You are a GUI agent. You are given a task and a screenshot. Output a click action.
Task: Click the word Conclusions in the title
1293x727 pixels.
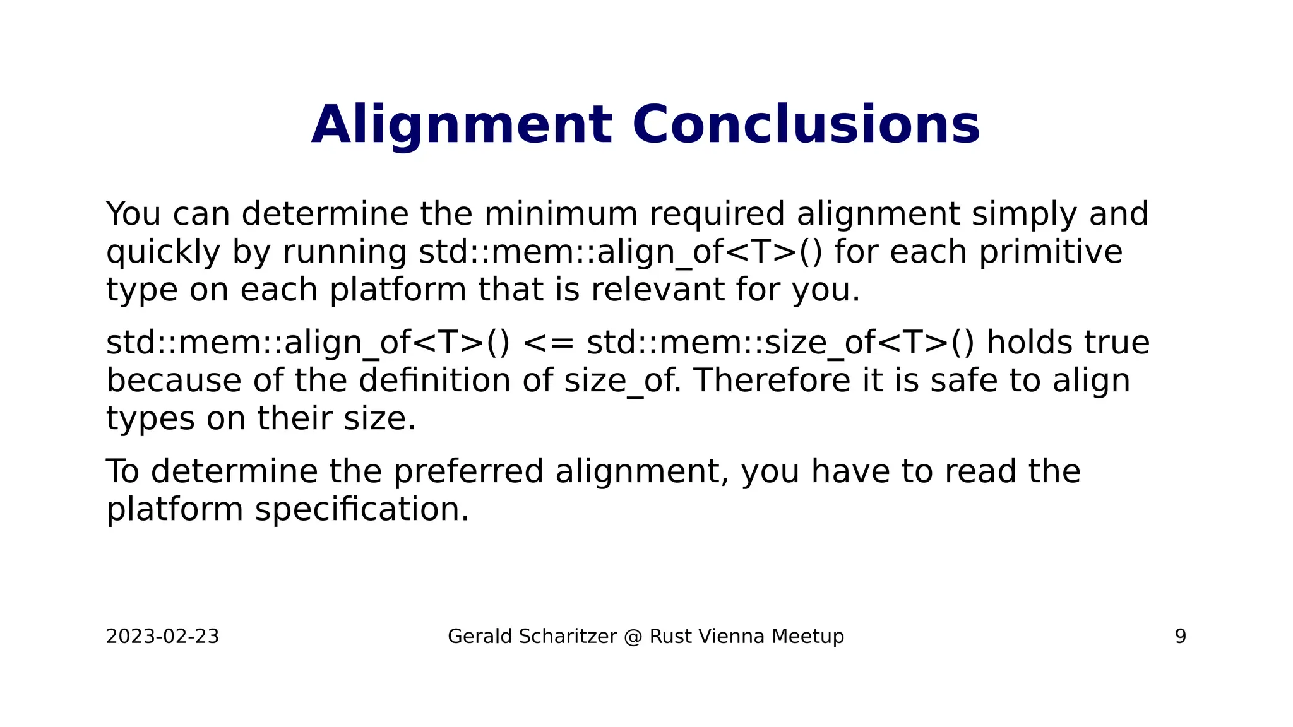point(806,125)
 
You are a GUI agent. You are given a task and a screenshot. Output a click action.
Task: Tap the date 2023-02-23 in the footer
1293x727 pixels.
point(162,636)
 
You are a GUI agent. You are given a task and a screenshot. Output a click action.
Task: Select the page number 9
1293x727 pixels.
point(1180,636)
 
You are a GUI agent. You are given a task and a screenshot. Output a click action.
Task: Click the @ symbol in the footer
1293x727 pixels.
point(633,636)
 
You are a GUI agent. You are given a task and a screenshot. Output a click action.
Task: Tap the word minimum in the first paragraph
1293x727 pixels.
point(561,214)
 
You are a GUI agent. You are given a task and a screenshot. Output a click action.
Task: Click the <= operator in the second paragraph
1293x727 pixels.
point(549,343)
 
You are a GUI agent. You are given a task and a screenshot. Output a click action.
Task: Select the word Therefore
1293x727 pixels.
point(772,381)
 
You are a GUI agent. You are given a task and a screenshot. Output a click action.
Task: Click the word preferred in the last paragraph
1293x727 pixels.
point(468,471)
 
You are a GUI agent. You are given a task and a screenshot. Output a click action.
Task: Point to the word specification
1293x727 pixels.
point(362,509)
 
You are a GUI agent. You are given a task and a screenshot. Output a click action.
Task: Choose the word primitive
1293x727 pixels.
point(1051,252)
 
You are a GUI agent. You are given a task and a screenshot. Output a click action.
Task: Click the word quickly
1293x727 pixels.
point(163,252)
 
